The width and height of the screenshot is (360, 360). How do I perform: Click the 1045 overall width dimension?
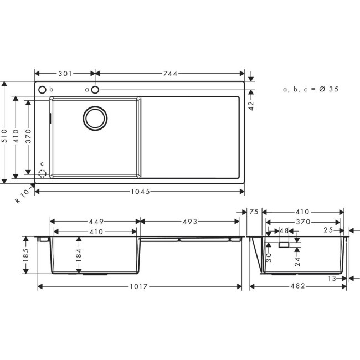pyautogui.click(x=140, y=191)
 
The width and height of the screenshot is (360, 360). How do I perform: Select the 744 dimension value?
pyautogui.click(x=171, y=73)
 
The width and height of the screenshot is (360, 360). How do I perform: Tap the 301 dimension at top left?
pyautogui.click(x=65, y=73)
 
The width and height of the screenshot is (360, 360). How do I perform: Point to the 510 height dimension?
pyautogui.click(x=5, y=132)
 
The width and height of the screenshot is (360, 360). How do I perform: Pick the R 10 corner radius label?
pyautogui.click(x=22, y=197)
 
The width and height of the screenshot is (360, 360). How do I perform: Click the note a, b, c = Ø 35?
pyautogui.click(x=310, y=89)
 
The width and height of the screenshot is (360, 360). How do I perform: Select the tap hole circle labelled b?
pyautogui.click(x=42, y=89)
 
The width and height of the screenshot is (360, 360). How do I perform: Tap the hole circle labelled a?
pyautogui.click(x=95, y=89)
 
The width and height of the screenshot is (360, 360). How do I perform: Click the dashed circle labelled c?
pyautogui.click(x=42, y=173)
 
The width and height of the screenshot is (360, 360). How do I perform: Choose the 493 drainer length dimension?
pyautogui.click(x=189, y=222)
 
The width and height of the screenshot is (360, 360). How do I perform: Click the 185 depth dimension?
pyautogui.click(x=26, y=255)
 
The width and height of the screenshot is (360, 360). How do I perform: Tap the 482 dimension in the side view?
pyautogui.click(x=299, y=286)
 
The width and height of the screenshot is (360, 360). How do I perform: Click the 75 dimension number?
pyautogui.click(x=254, y=212)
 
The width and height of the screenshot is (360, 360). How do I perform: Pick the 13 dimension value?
pyautogui.click(x=331, y=279)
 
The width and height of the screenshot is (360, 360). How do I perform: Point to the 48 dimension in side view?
pyautogui.click(x=284, y=230)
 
